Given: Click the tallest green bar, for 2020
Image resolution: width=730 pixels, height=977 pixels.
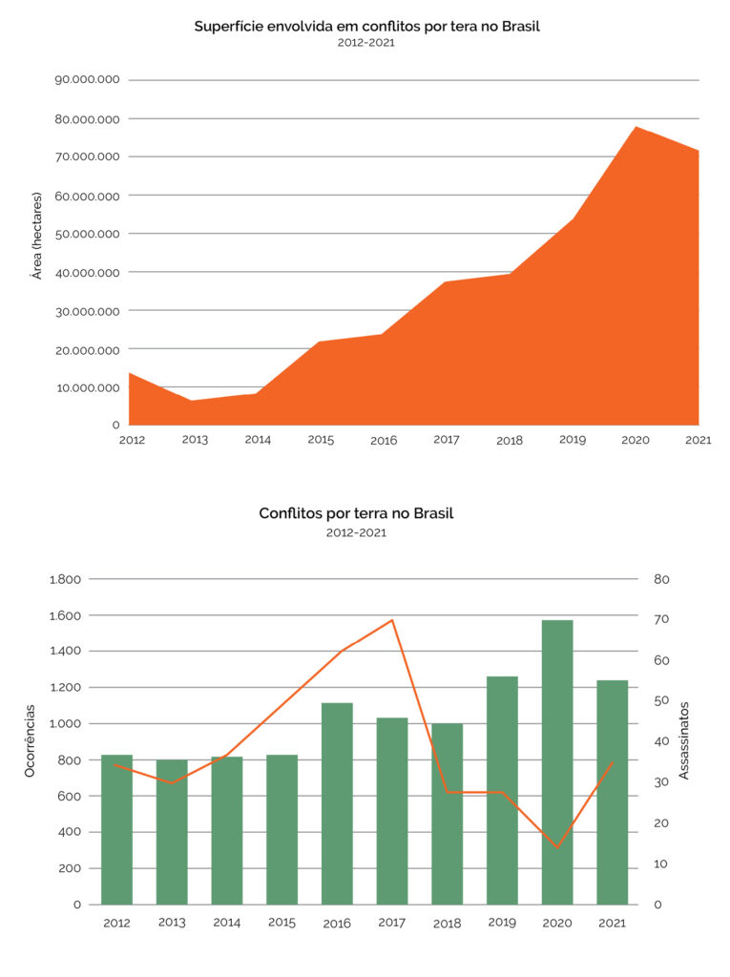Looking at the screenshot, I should tap(557, 763).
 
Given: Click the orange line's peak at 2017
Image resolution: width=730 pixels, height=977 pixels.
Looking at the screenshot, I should tap(392, 620).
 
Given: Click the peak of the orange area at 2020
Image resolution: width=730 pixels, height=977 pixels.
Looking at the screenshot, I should tap(636, 127).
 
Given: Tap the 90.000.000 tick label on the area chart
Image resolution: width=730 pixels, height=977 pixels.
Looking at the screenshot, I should tap(87, 80).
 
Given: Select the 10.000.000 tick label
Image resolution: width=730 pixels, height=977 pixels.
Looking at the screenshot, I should tap(87, 388).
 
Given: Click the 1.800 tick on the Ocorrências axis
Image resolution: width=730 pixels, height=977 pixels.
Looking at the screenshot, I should tap(66, 579).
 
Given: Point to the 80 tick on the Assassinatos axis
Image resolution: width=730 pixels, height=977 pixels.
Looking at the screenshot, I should tap(662, 579).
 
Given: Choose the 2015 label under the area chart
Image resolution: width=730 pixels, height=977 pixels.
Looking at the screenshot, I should tap(322, 440).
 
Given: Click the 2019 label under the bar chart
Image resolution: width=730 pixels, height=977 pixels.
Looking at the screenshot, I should tap(502, 923).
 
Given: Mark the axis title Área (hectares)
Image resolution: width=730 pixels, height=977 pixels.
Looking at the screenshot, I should tap(36, 235).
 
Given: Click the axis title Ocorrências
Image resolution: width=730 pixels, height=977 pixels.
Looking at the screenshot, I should tap(30, 740).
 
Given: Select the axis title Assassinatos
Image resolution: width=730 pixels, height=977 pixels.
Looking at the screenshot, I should tap(684, 740).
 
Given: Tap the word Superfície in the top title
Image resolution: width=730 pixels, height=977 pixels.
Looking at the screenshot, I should tap(227, 26).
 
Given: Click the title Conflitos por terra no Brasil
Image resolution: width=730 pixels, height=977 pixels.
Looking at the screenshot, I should tap(356, 513).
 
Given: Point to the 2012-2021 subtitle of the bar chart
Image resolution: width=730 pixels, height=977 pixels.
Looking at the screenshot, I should tap(356, 533).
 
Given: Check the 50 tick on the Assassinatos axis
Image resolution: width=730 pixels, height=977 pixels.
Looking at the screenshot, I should tap(662, 701).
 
